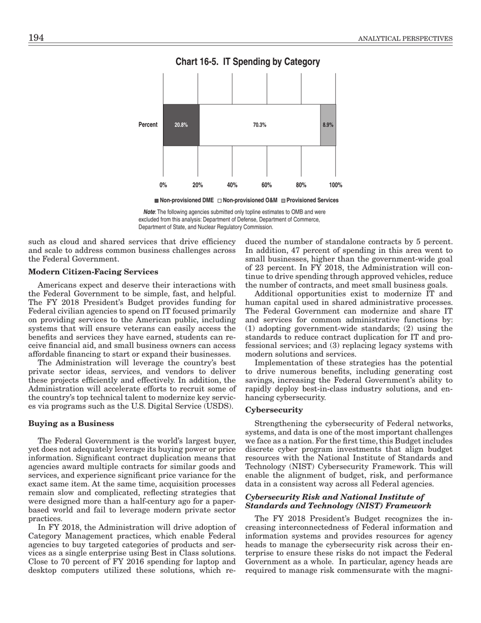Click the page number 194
click(36, 38)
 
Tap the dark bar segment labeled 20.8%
click(181, 125)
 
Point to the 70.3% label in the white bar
click(260, 125)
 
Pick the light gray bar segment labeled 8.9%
click(328, 125)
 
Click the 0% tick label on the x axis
click(164, 185)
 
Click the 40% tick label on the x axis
click(232, 185)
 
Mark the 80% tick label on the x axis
click(301, 185)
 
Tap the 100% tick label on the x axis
click(335, 185)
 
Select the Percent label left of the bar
click(148, 125)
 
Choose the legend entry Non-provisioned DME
click(184, 201)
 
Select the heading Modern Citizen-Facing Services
click(94, 272)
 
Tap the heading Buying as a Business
click(71, 423)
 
